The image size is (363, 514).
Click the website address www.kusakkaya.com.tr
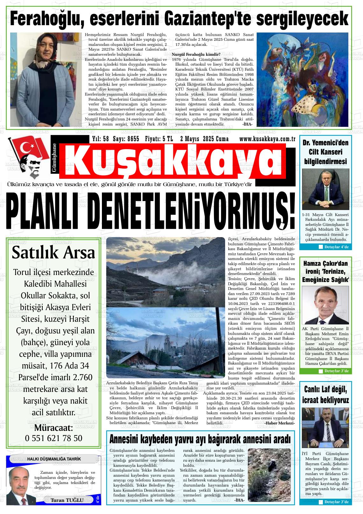coord(267,139)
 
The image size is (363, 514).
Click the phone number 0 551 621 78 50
coord(53,438)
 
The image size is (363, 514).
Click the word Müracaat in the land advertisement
coord(53,427)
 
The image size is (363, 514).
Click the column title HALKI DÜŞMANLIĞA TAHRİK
coord(49,459)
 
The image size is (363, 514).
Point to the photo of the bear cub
coord(269,475)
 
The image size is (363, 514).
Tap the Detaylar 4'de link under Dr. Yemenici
coord(334,247)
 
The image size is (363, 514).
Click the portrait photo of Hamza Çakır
coord(325,305)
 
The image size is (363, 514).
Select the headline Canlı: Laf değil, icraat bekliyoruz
coord(325,395)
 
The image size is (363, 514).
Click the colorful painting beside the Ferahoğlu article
coord(301,79)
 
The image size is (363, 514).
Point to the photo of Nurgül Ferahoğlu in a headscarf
coord(44,79)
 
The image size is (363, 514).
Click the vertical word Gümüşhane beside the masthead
coord(54,157)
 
